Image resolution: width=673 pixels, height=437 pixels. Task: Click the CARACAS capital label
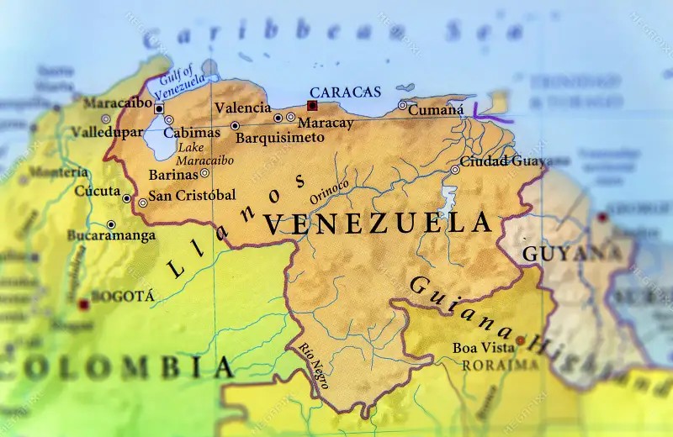coord(345,92)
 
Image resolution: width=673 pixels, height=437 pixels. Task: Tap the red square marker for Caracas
coord(312,106)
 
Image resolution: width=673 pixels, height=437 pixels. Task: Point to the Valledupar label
coord(107,132)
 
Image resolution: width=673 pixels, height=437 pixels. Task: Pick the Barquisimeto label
coord(278,137)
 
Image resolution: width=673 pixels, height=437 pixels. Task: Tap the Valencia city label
coord(242,108)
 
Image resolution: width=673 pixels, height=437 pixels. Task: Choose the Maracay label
coord(325,123)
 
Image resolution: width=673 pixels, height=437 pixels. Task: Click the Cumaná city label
coord(436,109)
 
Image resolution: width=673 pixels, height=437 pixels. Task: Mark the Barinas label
coord(172,175)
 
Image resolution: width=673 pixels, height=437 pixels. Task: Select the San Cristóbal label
coord(193,195)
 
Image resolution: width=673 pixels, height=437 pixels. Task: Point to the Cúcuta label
coord(98,191)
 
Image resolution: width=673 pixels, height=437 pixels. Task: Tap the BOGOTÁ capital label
coord(122,296)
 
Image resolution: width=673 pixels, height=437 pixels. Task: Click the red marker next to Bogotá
coord(83,303)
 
